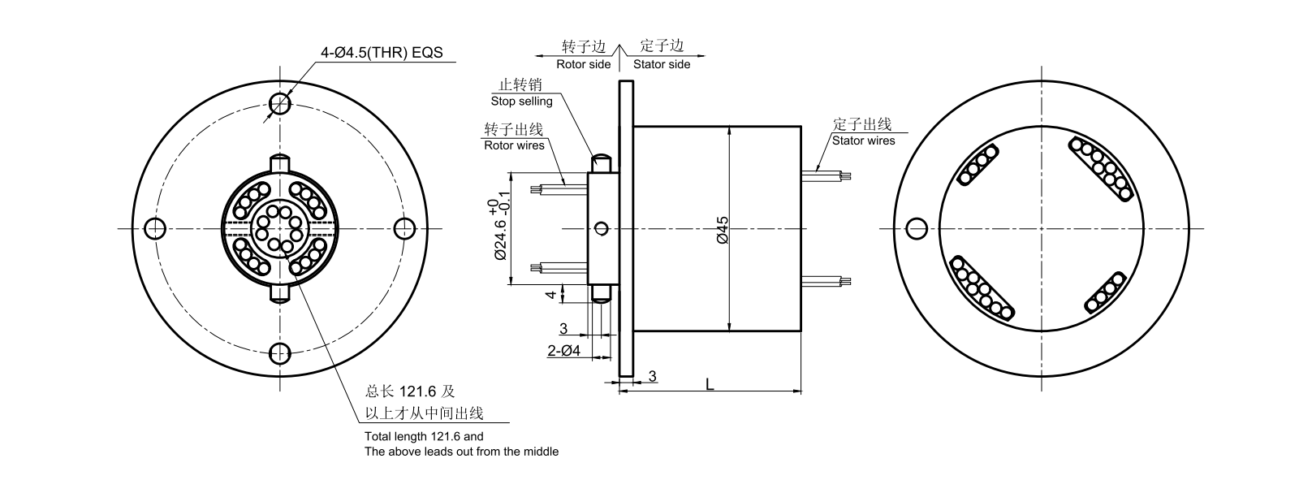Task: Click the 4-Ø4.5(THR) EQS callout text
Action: [382, 52]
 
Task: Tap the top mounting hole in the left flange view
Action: [280, 102]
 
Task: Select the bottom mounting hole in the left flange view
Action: [280, 353]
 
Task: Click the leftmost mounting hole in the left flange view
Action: [154, 228]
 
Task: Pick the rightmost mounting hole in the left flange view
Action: [405, 228]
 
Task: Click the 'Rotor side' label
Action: [583, 64]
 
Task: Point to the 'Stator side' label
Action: [662, 64]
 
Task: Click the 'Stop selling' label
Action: [521, 102]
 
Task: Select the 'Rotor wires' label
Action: [514, 146]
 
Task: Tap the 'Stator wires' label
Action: [863, 141]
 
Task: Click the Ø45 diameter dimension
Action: [723, 230]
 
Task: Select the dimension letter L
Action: [710, 383]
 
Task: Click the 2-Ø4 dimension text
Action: [564, 351]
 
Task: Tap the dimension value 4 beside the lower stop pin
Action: [551, 294]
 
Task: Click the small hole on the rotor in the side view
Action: [601, 228]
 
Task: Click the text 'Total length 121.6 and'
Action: [424, 436]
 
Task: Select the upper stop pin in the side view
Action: [602, 162]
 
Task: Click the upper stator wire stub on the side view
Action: [826, 173]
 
